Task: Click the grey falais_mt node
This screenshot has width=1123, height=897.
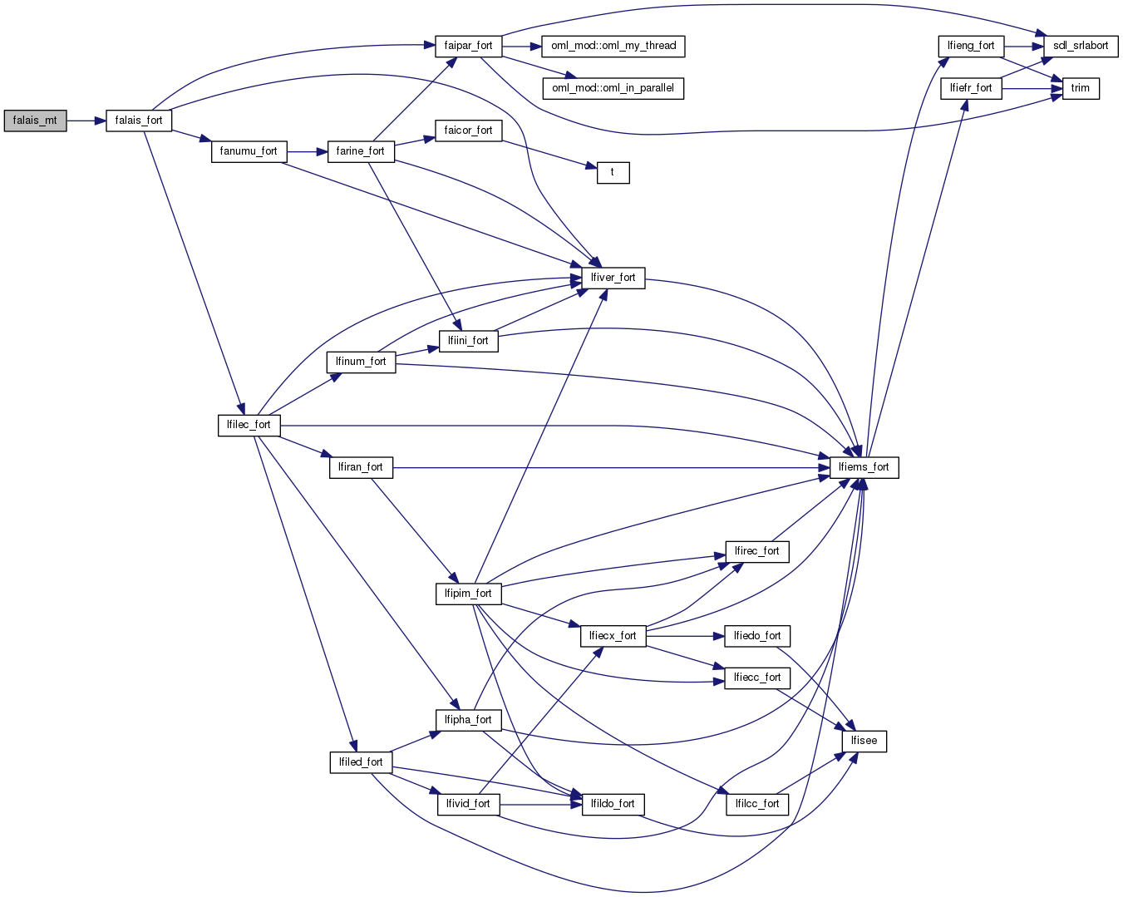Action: click(35, 121)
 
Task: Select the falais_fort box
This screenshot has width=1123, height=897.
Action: click(139, 121)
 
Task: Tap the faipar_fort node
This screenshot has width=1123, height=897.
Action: click(468, 46)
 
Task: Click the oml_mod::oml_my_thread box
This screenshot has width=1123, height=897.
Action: click(613, 46)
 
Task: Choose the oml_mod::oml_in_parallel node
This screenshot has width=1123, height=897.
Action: click(613, 88)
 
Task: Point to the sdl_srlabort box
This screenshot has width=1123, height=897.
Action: click(1081, 46)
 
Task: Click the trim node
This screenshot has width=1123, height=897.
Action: click(1080, 88)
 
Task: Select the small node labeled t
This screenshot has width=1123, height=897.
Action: click(613, 172)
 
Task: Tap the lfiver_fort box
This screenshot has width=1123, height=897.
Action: click(613, 278)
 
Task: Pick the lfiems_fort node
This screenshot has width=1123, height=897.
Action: click(864, 467)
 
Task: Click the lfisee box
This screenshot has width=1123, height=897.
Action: click(864, 741)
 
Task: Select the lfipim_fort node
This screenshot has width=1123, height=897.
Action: click(468, 594)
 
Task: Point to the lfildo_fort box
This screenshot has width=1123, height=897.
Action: click(613, 804)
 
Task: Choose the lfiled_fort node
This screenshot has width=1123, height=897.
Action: click(361, 762)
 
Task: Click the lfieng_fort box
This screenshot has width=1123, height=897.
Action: click(971, 46)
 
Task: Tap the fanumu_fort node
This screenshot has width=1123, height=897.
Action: click(249, 151)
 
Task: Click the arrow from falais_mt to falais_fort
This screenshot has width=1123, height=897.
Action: click(86, 121)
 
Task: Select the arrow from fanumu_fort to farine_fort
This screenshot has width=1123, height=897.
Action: click(307, 152)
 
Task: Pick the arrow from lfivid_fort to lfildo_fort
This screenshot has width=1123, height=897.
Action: click(540, 805)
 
